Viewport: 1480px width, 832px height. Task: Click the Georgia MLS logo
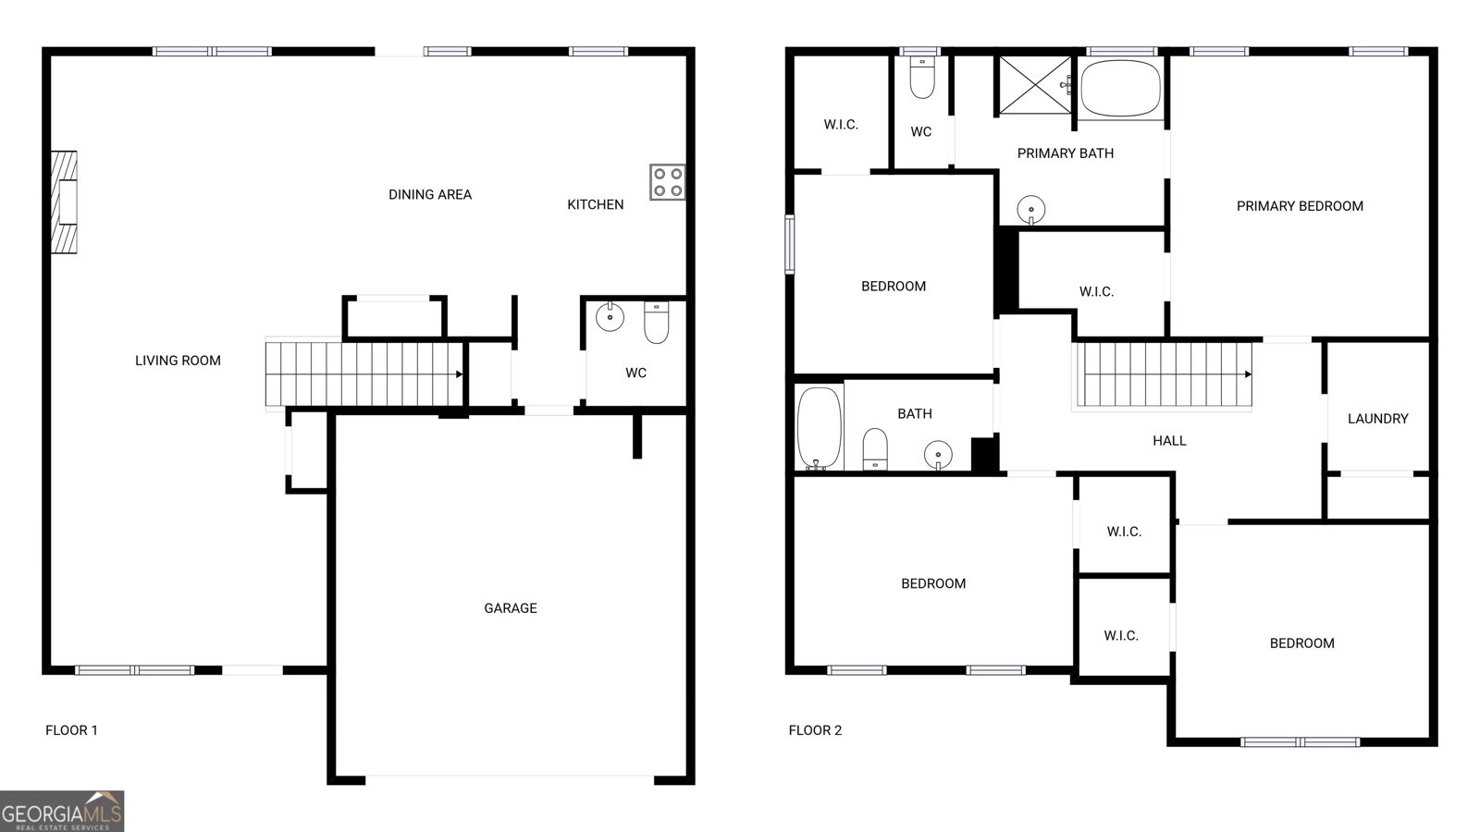(61, 811)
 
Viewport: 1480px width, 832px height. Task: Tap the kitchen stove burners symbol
(667, 182)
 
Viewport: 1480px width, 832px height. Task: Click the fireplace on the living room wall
(64, 202)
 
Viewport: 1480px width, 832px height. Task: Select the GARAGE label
(511, 608)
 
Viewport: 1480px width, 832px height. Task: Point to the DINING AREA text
(430, 194)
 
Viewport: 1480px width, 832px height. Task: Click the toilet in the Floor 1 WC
(656, 322)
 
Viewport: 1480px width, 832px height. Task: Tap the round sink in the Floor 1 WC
(610, 317)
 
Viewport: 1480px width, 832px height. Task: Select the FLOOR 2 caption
(815, 730)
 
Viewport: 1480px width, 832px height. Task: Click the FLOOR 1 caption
(71, 730)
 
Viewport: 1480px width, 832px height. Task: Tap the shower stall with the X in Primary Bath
(1034, 85)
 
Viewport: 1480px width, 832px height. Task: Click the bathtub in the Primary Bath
(1120, 89)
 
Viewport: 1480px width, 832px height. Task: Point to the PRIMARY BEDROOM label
(1300, 206)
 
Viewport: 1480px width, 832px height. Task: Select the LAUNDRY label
(1377, 419)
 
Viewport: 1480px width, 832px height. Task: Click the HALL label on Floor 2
(1169, 441)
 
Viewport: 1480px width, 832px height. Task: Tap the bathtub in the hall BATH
(819, 428)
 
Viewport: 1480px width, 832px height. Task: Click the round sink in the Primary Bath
(1031, 210)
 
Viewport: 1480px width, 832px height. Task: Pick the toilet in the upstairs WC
(922, 78)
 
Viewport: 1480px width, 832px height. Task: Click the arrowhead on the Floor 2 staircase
(1247, 374)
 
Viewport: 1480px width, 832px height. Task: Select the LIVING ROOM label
(178, 361)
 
